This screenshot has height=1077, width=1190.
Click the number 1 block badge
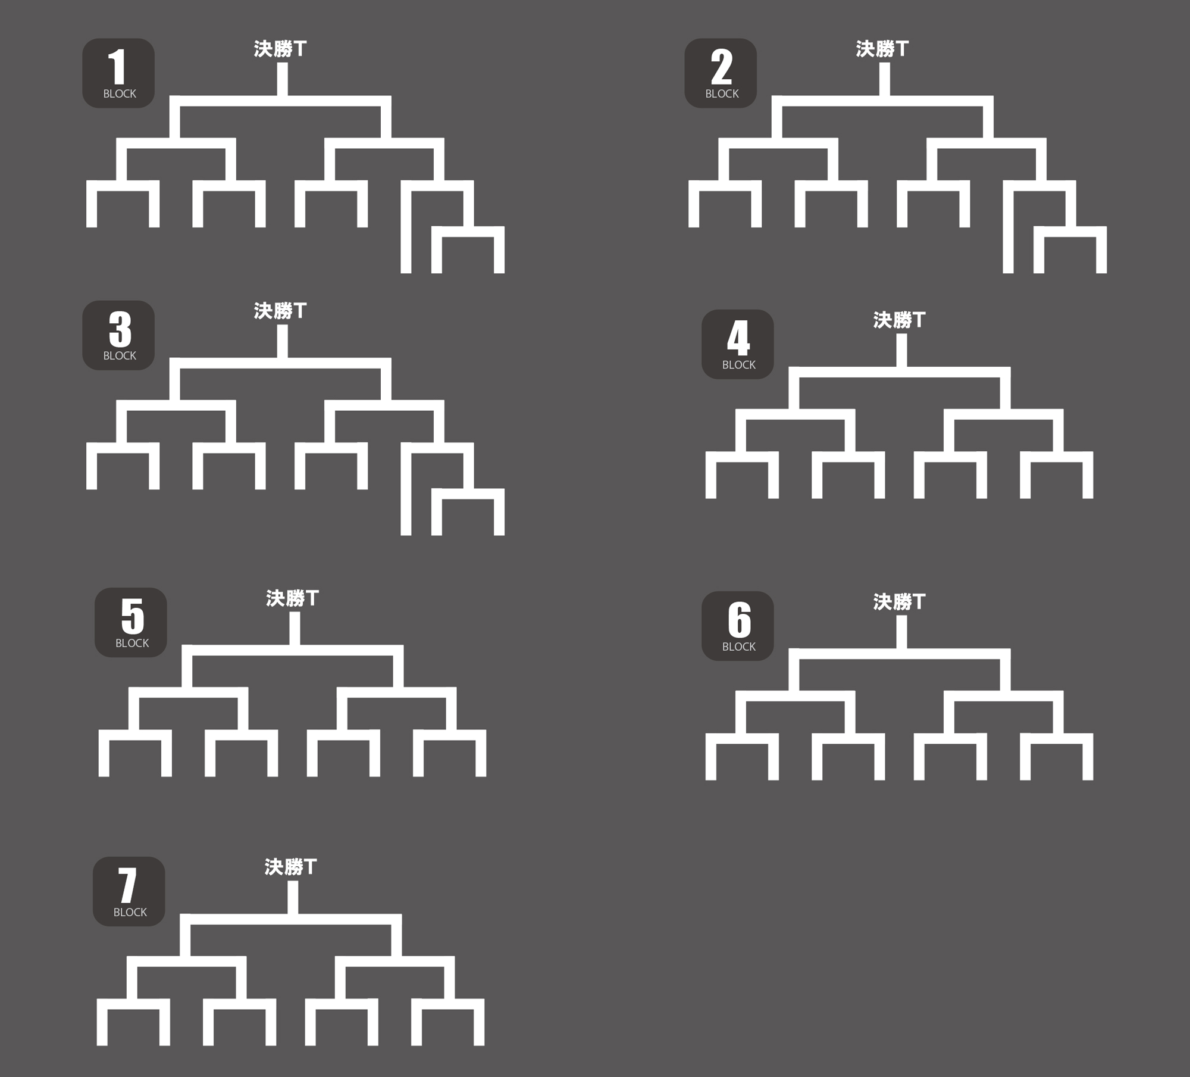click(x=118, y=73)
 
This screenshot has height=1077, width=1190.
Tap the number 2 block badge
click(x=721, y=73)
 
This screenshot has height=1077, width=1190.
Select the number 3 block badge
click(x=118, y=335)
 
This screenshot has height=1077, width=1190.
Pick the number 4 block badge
click(x=738, y=344)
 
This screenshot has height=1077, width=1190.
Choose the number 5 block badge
click(x=131, y=622)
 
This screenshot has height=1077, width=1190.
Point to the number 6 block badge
click(x=738, y=626)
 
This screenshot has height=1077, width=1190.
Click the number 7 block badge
click(x=129, y=891)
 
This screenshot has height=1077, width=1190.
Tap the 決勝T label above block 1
click(x=280, y=49)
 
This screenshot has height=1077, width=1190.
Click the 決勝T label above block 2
click(x=882, y=49)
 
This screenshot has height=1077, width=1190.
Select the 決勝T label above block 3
click(x=280, y=311)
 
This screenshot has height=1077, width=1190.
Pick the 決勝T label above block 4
click(x=900, y=320)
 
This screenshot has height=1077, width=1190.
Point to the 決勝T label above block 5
click(x=293, y=598)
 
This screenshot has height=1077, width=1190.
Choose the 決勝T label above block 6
click(x=900, y=602)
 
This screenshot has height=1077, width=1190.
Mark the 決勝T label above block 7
click(x=291, y=867)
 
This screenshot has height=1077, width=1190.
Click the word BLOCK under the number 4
click(x=739, y=365)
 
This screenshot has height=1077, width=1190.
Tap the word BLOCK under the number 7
click(x=130, y=912)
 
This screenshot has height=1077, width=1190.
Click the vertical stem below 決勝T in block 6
click(x=901, y=632)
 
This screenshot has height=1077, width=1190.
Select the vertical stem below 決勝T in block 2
click(x=885, y=79)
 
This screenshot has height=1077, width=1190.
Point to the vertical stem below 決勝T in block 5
click(x=295, y=629)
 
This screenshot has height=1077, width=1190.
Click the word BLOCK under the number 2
click(x=722, y=94)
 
